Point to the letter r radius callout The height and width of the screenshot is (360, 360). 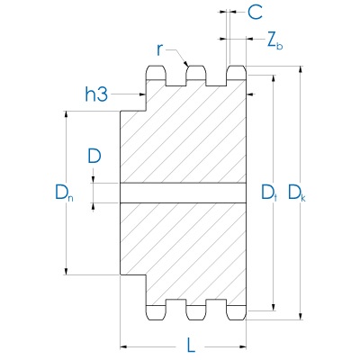click(159, 49)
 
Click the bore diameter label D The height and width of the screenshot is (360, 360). click(94, 156)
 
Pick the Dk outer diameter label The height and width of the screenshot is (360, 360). click(297, 192)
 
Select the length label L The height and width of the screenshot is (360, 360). click(190, 344)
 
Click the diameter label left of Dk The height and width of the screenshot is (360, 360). click(269, 192)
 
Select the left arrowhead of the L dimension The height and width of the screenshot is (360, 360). click(124, 345)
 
